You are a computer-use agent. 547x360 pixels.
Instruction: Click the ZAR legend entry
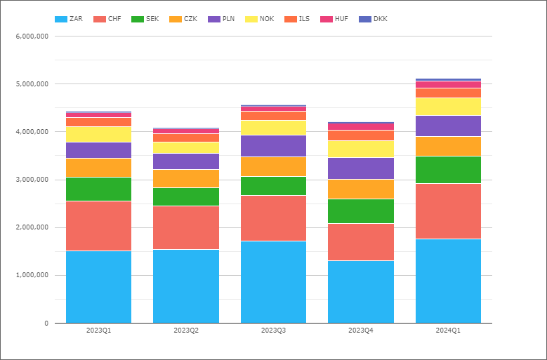[69, 19]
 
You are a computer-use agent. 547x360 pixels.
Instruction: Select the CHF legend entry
[107, 19]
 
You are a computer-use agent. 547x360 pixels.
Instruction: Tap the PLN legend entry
[221, 19]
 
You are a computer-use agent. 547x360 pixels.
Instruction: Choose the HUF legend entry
[334, 19]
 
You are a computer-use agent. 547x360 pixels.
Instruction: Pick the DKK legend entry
[373, 19]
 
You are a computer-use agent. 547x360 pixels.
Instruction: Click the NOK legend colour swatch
[251, 19]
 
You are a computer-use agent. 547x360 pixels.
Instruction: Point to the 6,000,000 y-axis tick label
[32, 36]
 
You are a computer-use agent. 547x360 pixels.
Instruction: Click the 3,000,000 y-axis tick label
[32, 180]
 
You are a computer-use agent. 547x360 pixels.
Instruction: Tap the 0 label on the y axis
[46, 324]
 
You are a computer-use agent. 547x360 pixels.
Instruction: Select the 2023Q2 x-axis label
[186, 331]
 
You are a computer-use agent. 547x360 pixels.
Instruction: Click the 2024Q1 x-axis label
[448, 331]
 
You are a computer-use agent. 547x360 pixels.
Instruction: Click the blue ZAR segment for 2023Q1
[99, 287]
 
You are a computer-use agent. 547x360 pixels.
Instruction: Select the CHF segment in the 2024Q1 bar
[448, 211]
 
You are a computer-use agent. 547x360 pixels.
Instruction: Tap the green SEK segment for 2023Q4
[361, 211]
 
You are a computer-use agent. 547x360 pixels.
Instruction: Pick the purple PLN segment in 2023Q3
[274, 146]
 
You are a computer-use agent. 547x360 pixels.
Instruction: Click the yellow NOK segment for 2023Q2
[186, 148]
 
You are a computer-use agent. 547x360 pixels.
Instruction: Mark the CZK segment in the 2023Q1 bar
[99, 168]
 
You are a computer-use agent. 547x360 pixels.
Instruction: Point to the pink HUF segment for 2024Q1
[448, 85]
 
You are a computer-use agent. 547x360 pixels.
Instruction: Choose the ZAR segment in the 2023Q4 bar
[361, 292]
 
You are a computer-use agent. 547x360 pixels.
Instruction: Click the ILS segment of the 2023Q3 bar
[274, 116]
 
